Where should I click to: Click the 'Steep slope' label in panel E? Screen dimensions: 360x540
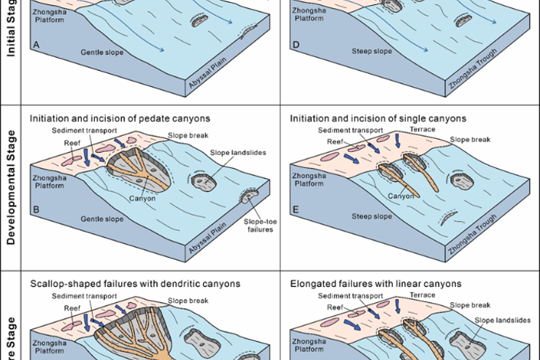click(x=372, y=215)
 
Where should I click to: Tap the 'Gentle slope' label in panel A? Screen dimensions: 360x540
click(x=101, y=53)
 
